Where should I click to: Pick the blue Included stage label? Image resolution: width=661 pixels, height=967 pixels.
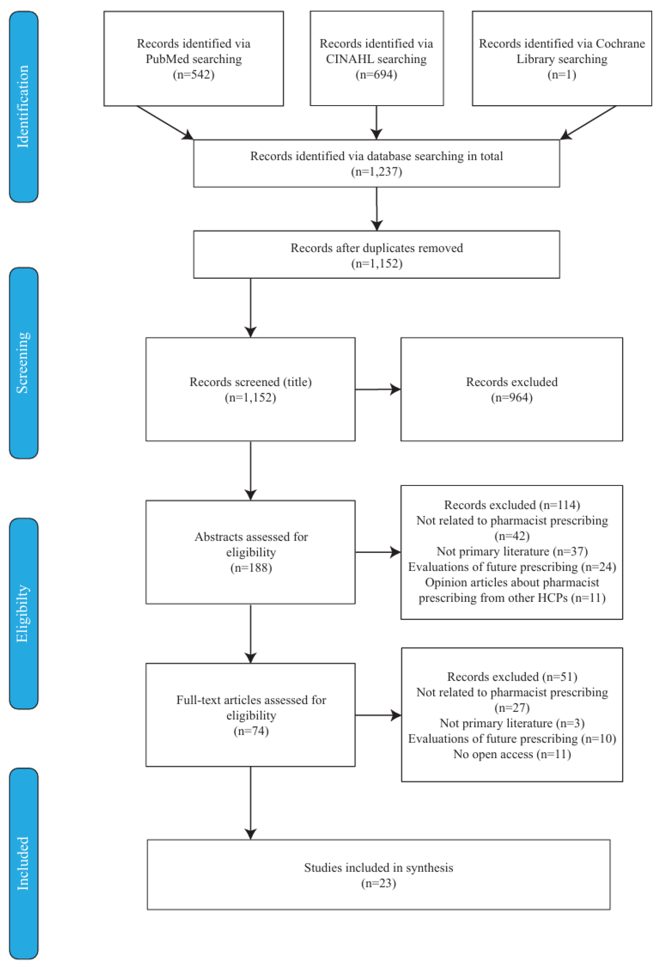[x=23, y=863]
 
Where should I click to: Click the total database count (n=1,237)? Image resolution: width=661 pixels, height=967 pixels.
[x=376, y=171]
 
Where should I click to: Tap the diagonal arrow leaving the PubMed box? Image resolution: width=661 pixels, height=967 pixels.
[x=165, y=123]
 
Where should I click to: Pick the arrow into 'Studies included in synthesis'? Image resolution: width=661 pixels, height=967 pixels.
[x=251, y=803]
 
